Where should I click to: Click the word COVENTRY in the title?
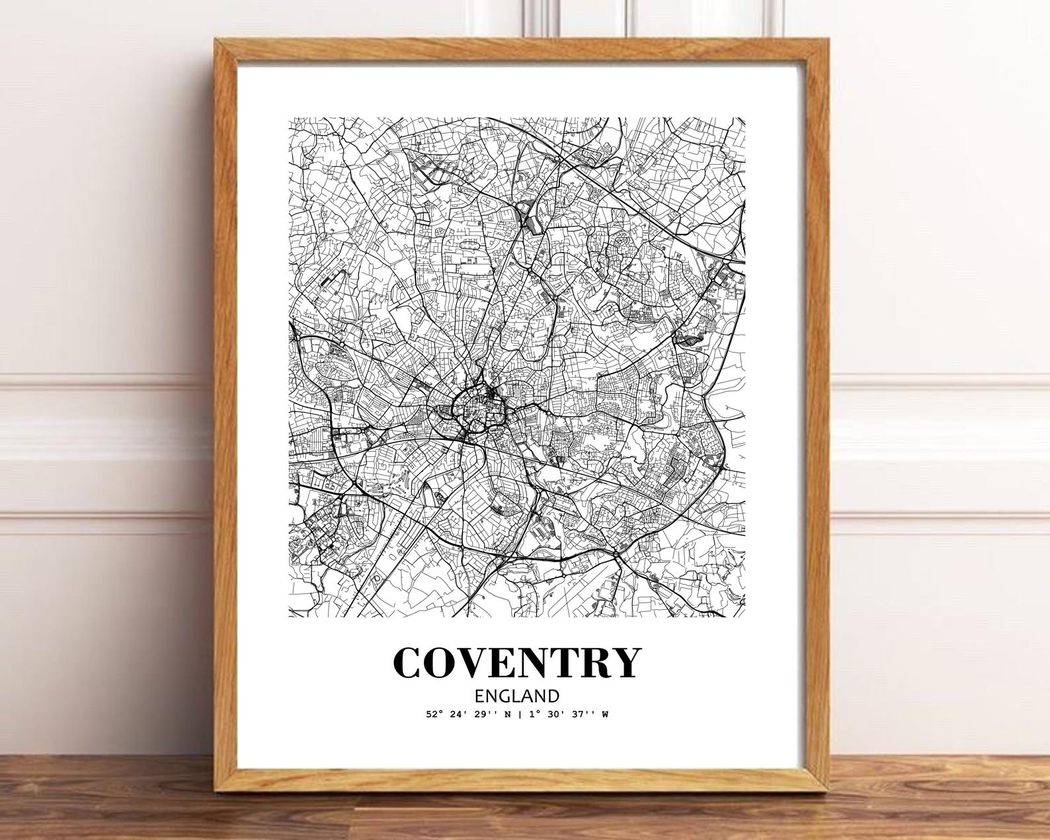click(x=517, y=663)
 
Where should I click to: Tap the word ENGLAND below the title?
click(x=517, y=696)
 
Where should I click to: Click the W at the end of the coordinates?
click(x=605, y=714)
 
